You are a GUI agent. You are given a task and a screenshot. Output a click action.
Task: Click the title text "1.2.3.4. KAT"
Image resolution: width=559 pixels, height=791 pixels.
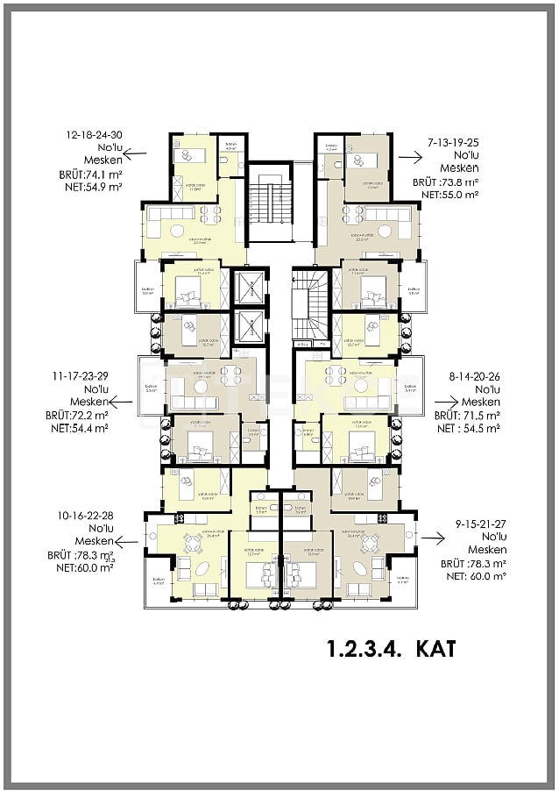pyautogui.click(x=391, y=650)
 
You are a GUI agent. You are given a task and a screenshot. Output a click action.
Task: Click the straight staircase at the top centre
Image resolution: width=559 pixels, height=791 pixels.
pyautogui.click(x=268, y=203)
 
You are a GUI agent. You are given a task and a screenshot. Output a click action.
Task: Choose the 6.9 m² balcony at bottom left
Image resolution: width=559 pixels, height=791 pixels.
pyautogui.click(x=159, y=585)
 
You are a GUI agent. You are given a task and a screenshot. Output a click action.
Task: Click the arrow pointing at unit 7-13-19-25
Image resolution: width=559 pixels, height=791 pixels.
pyautogui.click(x=408, y=157)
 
